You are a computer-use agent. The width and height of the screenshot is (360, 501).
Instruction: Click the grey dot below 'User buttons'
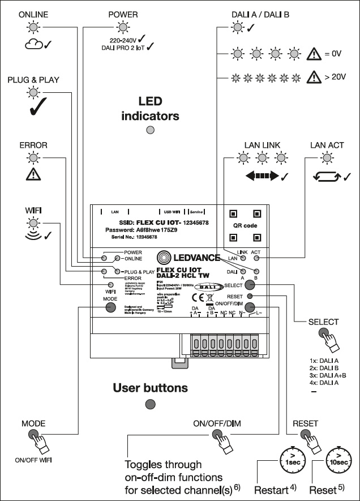(x=150, y=404)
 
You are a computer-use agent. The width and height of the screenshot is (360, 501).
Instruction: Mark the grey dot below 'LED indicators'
(x=150, y=131)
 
